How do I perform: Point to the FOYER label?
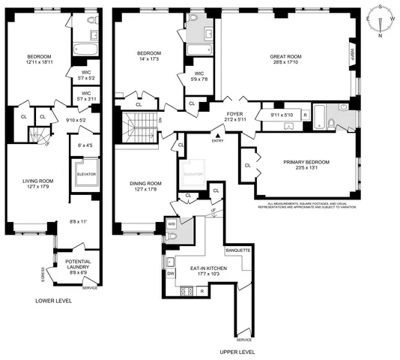click(234, 114)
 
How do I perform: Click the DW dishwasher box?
click(171, 274)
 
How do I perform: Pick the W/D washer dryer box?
click(172, 223)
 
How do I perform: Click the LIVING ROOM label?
click(32, 181)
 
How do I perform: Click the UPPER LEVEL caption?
click(237, 351)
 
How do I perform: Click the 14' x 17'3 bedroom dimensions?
click(151, 58)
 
